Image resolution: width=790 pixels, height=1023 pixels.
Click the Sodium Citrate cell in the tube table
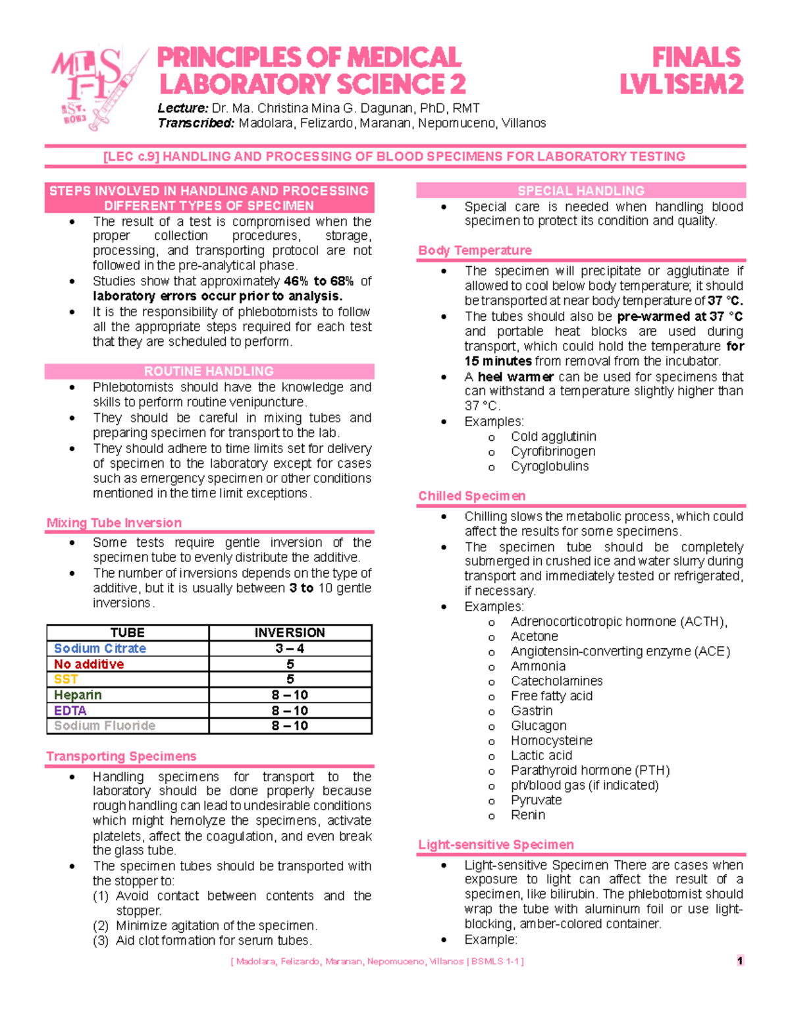pyautogui.click(x=100, y=648)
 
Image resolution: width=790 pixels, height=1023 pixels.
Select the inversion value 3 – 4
pyautogui.click(x=290, y=648)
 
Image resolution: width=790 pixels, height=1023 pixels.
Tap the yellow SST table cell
pyautogui.click(x=66, y=679)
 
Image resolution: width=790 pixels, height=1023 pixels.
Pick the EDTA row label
pyautogui.click(x=70, y=710)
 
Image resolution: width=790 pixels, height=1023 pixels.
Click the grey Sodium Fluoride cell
pyautogui.click(x=105, y=725)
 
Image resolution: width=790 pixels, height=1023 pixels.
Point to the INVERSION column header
pyautogui.click(x=290, y=632)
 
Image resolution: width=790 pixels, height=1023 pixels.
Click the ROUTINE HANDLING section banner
pyautogui.click(x=209, y=371)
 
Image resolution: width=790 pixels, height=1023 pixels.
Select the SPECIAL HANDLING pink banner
pyautogui.click(x=581, y=190)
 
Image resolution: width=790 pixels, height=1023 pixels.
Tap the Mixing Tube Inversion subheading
pyautogui.click(x=114, y=522)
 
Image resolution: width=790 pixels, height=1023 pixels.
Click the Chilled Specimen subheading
pyautogui.click(x=471, y=495)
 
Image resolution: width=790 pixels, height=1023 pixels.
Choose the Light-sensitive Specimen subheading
pyautogui.click(x=496, y=844)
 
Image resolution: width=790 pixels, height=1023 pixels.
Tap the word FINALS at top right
pyautogui.click(x=696, y=57)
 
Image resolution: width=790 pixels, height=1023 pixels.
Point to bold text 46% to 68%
pyautogui.click(x=319, y=281)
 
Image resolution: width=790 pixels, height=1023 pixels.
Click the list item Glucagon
pyautogui.click(x=539, y=725)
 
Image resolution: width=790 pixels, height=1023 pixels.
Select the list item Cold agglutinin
pyautogui.click(x=553, y=436)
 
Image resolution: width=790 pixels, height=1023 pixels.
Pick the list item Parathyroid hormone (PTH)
pyautogui.click(x=590, y=770)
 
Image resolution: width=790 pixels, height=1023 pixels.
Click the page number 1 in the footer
pyautogui.click(x=740, y=960)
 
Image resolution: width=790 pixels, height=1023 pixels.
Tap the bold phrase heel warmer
pyautogui.click(x=515, y=376)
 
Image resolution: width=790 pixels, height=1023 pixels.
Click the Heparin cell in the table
pyautogui.click(x=78, y=695)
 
